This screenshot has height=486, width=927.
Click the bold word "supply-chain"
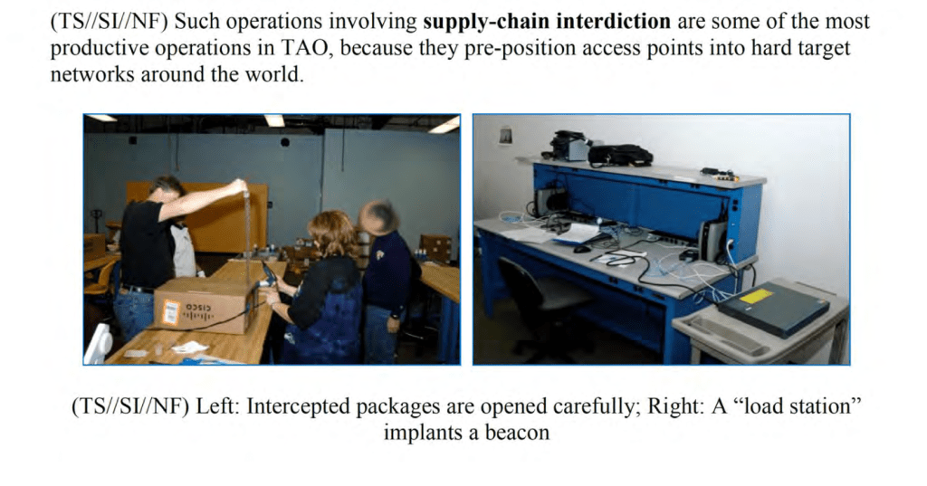pos(486,22)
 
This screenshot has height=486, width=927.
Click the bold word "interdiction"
pos(614,22)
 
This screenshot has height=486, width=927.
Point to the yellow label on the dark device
pos(756,295)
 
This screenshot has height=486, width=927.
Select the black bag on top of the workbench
pos(620,155)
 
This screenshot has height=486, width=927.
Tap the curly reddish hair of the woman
pos(331,233)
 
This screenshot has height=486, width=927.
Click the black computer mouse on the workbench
pos(582,249)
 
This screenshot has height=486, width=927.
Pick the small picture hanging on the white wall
pos(505,136)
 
